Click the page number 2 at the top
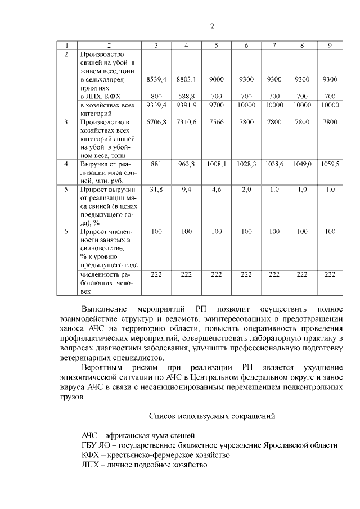(x=212, y=26)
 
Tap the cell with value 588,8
(x=186, y=96)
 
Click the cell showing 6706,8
(x=156, y=121)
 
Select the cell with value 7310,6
(x=186, y=121)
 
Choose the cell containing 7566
(x=217, y=121)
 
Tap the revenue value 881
(x=156, y=164)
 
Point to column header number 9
(x=330, y=45)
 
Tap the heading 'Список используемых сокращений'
(x=211, y=417)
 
